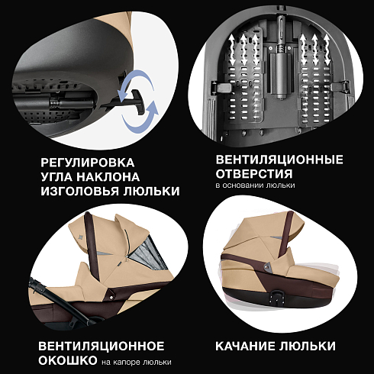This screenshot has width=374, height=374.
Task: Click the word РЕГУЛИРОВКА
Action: tap(88, 163)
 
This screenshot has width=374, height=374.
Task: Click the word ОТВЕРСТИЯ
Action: tap(254, 174)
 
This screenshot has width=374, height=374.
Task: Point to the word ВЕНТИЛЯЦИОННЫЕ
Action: tap(279, 160)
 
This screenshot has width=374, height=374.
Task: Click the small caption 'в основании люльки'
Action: tap(255, 185)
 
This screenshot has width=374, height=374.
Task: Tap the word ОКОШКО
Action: tap(68, 360)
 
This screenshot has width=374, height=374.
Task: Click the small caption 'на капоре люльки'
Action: tap(137, 362)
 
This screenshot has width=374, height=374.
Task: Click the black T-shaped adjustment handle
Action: tap(136, 102)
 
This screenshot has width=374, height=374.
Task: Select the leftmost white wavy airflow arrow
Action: tap(232, 50)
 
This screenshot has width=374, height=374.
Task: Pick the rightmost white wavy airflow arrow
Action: tap(327, 50)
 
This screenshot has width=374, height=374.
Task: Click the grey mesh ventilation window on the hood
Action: tap(147, 257)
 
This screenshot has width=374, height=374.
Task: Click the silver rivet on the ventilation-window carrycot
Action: tap(111, 297)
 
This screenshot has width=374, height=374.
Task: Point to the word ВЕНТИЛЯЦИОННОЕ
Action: tap(102, 346)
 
